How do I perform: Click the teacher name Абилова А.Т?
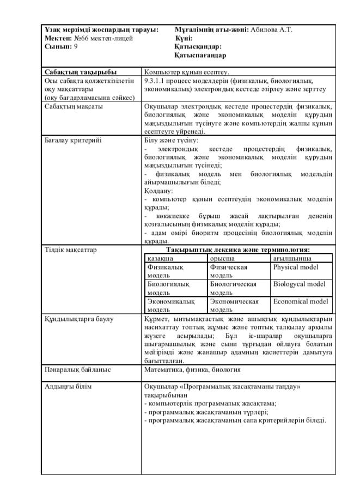coord(271,30)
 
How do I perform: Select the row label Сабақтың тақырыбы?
coord(74,71)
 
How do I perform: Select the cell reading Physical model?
coord(296,268)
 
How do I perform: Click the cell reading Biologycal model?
coord(300,284)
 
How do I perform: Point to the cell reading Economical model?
coord(301,301)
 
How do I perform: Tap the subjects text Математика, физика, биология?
coord(192,370)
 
